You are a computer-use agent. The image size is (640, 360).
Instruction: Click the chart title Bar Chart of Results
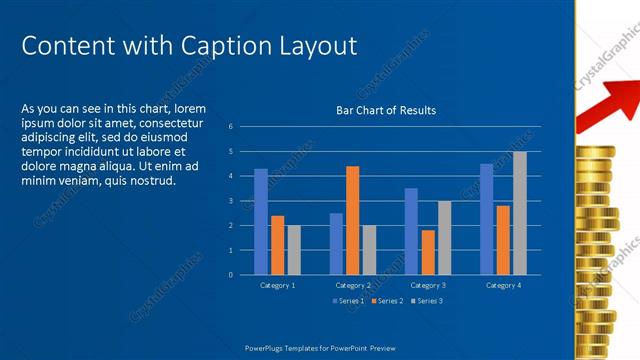385,110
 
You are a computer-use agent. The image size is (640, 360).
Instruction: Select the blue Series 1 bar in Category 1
261,221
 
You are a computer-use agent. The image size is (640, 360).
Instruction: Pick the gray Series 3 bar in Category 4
519,213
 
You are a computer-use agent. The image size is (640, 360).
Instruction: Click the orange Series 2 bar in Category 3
427,252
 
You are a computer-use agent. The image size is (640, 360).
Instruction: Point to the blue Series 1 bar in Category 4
486,219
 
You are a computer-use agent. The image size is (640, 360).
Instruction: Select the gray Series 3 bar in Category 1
294,250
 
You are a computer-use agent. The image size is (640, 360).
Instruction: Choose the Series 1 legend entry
349,300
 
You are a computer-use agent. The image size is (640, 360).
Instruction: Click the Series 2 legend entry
387,300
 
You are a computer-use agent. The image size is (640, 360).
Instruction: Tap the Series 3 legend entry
426,300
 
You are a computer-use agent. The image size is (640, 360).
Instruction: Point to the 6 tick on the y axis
230,127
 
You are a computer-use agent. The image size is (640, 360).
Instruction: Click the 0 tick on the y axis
230,275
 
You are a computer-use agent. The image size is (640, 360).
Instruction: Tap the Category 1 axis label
277,286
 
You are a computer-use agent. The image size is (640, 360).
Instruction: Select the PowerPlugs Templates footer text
320,348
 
